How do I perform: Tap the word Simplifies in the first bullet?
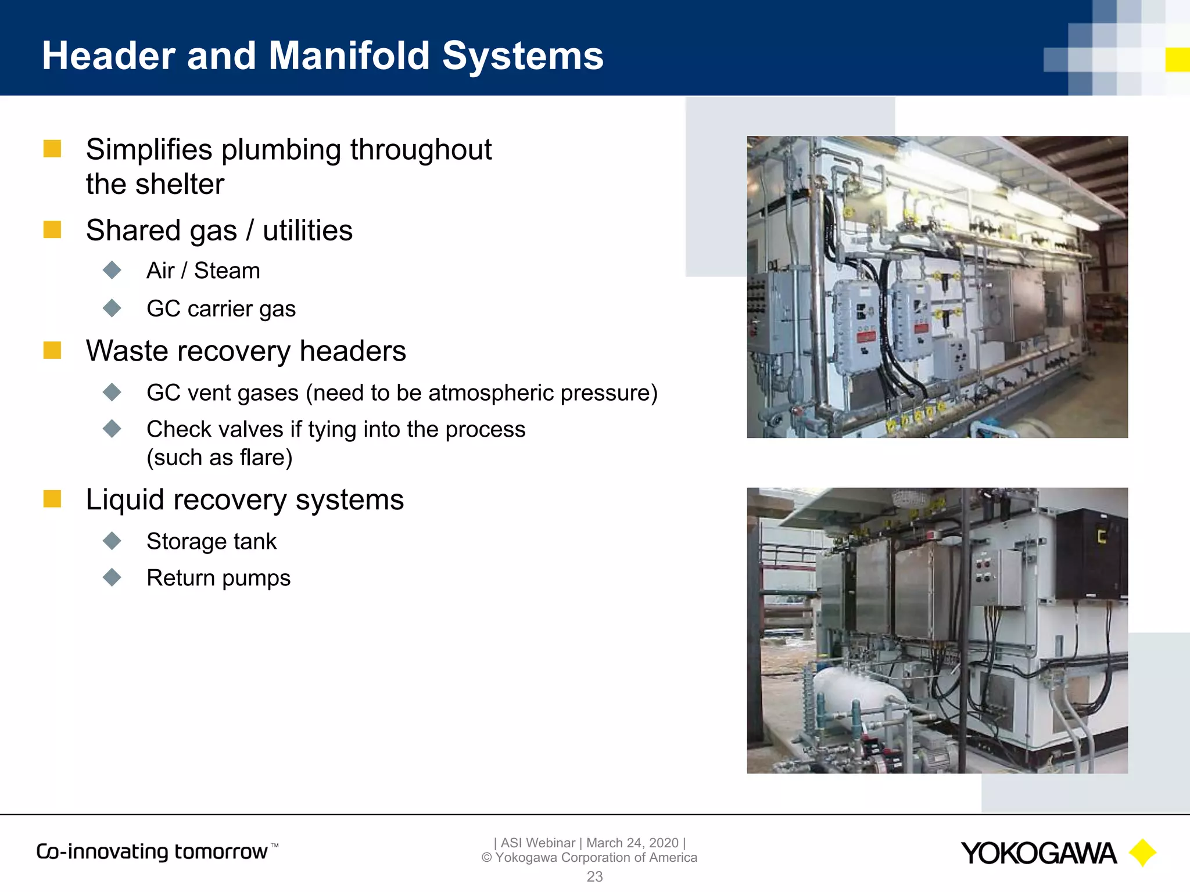point(149,150)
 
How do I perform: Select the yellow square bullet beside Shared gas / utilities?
point(52,229)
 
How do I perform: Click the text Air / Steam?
point(203,271)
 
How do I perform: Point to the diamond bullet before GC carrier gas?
point(112,308)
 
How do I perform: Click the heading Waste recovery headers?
point(246,351)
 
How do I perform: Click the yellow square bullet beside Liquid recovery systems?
point(52,499)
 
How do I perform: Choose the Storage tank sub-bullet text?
point(212,541)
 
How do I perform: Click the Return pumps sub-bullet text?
point(218,578)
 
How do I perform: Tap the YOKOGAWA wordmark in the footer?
point(1038,854)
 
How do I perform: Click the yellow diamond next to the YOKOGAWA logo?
point(1142,853)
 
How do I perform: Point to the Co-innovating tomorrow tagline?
point(152,852)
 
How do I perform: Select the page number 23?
point(594,876)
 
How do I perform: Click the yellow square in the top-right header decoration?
point(1177,60)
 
